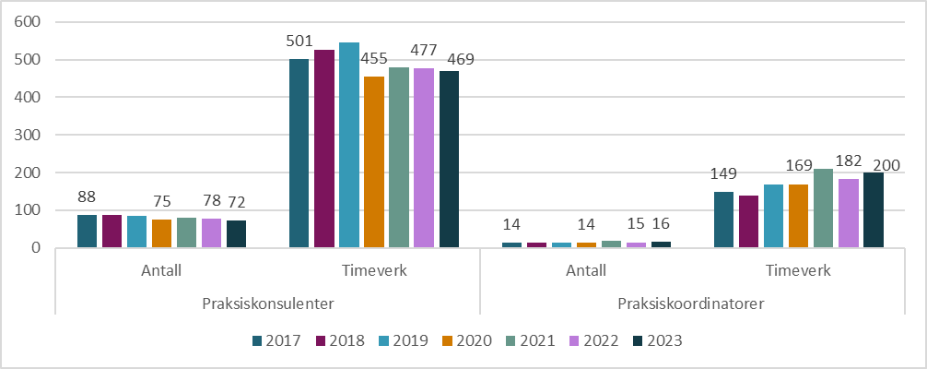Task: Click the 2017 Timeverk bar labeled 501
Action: coord(299,153)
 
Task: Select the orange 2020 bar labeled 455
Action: coord(374,162)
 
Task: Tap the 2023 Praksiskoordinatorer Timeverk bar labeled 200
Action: coord(873,210)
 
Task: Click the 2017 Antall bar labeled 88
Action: coord(87,231)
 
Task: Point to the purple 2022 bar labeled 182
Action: coord(848,213)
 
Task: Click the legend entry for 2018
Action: coord(338,340)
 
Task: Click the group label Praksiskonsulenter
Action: coord(267,302)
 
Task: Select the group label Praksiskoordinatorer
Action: coord(692,302)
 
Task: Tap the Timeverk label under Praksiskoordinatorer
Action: coord(798,271)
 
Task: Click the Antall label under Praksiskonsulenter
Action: coord(162,271)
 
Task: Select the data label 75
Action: coord(162,201)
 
